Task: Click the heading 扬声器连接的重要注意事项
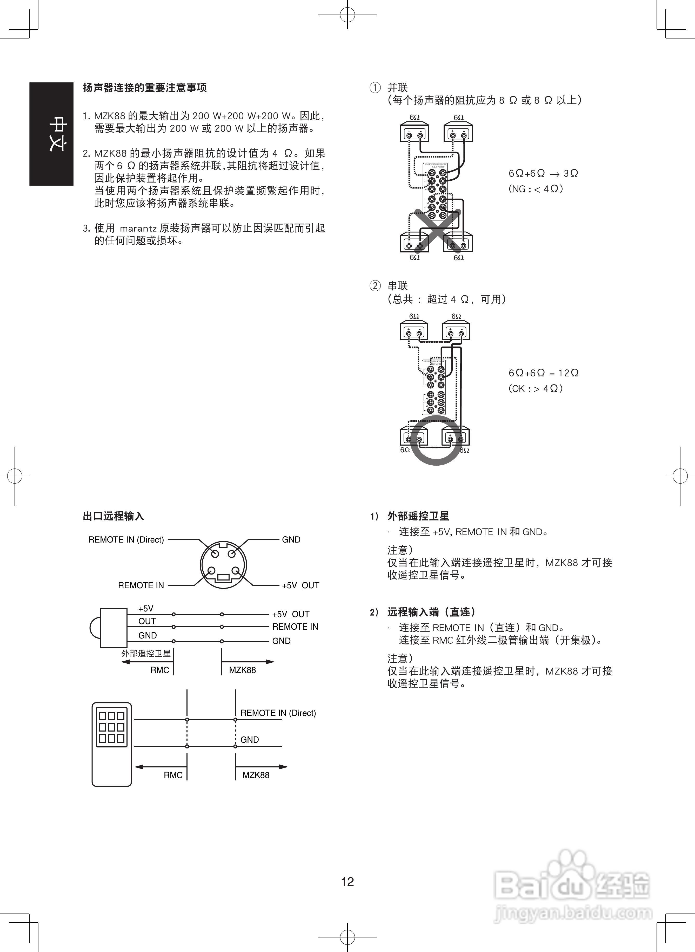[145, 88]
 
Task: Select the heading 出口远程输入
[113, 516]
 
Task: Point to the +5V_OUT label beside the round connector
[300, 585]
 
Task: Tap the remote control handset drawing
[111, 745]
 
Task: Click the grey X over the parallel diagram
[438, 230]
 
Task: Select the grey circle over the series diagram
[436, 440]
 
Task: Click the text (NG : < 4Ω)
[536, 189]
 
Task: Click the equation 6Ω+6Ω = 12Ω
[543, 373]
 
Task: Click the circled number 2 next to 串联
[375, 286]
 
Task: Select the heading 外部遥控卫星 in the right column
[418, 516]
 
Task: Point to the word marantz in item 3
[138, 229]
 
